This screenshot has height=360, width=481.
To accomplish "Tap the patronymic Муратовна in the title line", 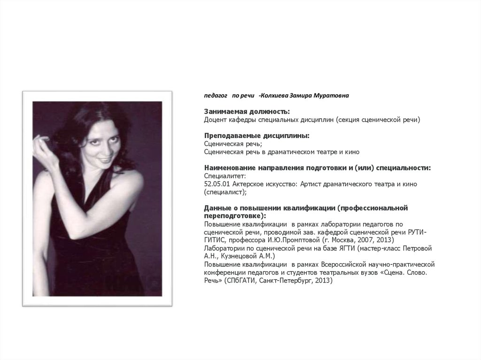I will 332,95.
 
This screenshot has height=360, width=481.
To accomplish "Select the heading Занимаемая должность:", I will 247,112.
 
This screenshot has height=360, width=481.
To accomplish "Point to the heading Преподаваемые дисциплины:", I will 256,136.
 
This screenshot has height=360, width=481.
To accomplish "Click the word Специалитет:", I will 222,176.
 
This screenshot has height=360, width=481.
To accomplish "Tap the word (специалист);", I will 225,192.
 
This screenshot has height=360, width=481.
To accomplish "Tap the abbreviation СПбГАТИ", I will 241,280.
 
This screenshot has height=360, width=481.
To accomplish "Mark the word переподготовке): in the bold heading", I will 235,216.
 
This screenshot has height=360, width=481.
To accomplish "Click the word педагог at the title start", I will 215,95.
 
